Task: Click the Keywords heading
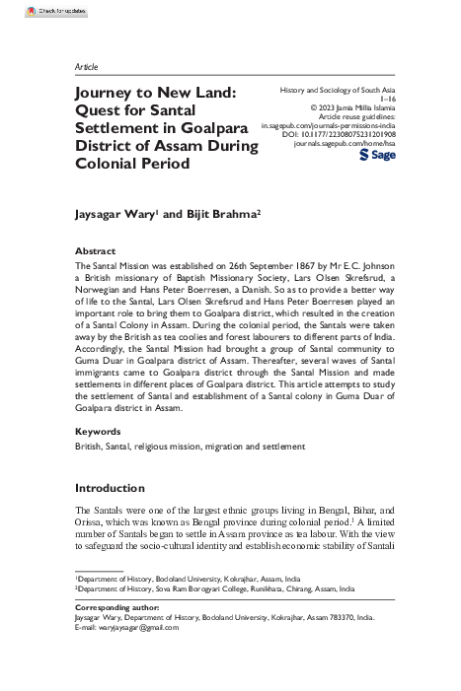point(99,432)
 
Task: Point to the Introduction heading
point(110,488)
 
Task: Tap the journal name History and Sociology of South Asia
point(334,90)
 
